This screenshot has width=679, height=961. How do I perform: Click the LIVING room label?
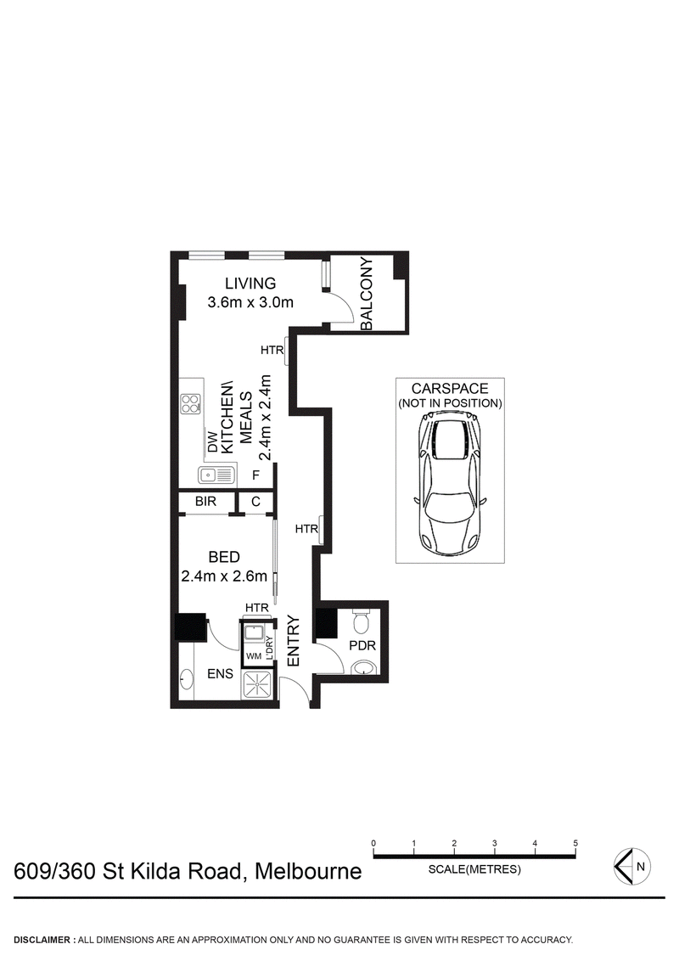[250, 284]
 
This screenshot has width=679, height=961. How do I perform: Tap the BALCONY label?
[368, 295]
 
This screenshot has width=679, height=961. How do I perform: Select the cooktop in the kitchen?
[190, 405]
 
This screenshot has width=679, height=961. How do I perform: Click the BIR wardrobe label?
[206, 502]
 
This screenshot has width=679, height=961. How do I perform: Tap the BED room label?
[224, 558]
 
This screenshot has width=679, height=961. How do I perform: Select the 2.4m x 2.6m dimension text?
[225, 576]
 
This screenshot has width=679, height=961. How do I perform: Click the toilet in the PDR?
[360, 624]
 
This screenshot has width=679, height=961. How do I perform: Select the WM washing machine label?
[253, 656]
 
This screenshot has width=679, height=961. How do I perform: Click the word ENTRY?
[294, 640]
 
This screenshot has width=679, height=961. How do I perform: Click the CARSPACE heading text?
[450, 389]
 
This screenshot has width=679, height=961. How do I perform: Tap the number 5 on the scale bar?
[575, 843]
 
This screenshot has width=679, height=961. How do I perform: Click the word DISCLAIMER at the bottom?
[42, 940]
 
